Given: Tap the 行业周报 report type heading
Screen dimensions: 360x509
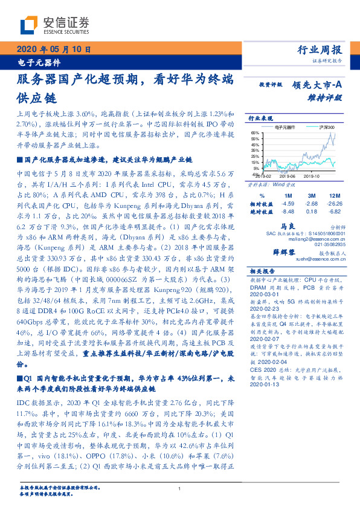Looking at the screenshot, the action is click(x=321, y=50).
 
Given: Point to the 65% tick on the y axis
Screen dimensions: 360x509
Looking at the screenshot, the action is click(x=255, y=132).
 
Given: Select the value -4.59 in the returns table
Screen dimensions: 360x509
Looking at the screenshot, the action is click(x=287, y=204).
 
